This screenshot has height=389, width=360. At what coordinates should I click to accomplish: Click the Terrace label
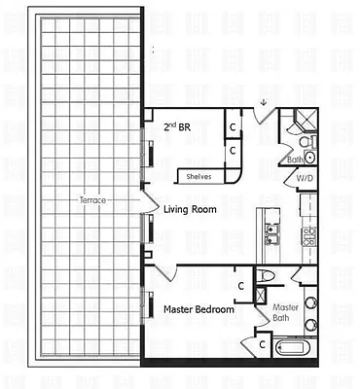pos(92,199)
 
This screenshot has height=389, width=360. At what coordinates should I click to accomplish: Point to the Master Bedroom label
pos(198,309)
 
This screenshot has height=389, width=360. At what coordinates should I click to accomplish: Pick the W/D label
pos(305,180)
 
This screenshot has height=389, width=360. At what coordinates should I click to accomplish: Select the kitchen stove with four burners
pos(309,236)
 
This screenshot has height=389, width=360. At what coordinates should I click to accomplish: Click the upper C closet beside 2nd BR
pos(233,126)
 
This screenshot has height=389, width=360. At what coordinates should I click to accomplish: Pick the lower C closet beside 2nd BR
pos(233,151)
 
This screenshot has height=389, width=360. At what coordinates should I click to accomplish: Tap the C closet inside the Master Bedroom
pos(240,285)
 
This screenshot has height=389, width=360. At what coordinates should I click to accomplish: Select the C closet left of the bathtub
pos(261,344)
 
